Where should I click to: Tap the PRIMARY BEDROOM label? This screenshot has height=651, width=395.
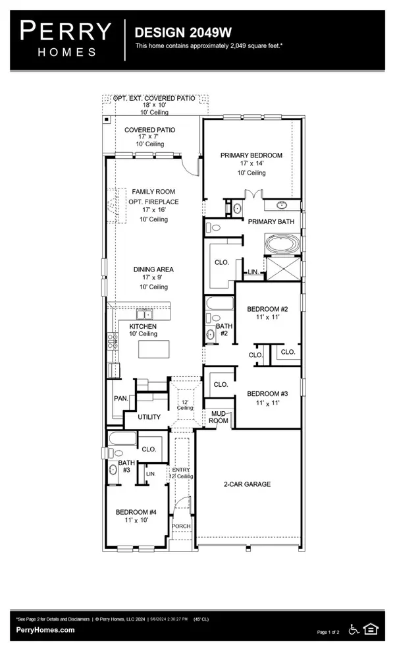pos(251,156)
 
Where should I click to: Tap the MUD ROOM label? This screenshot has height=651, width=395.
pos(219,417)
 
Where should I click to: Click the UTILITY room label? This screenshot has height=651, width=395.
pos(149,417)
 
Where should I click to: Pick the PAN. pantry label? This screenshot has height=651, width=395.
pos(120,399)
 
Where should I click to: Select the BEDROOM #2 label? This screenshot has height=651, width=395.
pos(267,309)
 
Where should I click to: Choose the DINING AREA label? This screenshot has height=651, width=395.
pos(153,269)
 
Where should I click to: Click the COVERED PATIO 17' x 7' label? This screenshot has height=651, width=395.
pos(150,130)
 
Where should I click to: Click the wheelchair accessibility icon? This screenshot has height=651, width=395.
pos(354,629)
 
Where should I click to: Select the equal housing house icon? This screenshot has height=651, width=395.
pos(371,629)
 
